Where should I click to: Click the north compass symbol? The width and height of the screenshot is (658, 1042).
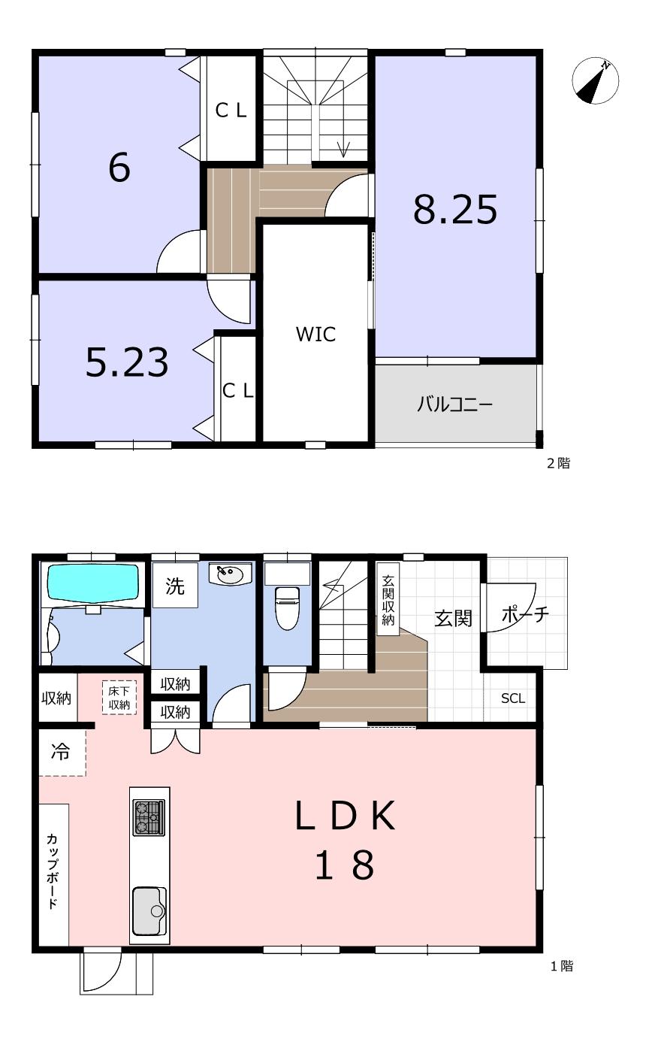(x=595, y=80)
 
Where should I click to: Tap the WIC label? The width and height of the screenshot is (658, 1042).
(x=315, y=334)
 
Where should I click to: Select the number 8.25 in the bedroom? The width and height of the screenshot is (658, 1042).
(x=455, y=209)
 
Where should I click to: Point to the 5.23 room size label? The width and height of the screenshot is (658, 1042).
(x=127, y=362)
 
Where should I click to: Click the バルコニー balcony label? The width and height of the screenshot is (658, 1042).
(x=454, y=404)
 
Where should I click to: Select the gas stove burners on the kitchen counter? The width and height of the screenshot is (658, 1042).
(x=149, y=817)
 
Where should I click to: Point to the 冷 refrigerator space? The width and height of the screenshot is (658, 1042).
(x=62, y=753)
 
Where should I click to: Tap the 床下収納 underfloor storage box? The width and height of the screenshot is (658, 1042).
(x=119, y=698)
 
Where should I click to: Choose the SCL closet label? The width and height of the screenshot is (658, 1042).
(x=513, y=698)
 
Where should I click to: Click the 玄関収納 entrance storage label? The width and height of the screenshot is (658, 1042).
(x=388, y=600)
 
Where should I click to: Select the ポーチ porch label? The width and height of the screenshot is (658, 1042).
(x=526, y=615)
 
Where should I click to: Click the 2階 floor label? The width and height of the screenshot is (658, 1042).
(x=558, y=463)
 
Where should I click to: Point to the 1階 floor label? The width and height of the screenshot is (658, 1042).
(x=562, y=966)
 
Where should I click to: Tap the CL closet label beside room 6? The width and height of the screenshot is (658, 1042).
(x=231, y=111)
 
